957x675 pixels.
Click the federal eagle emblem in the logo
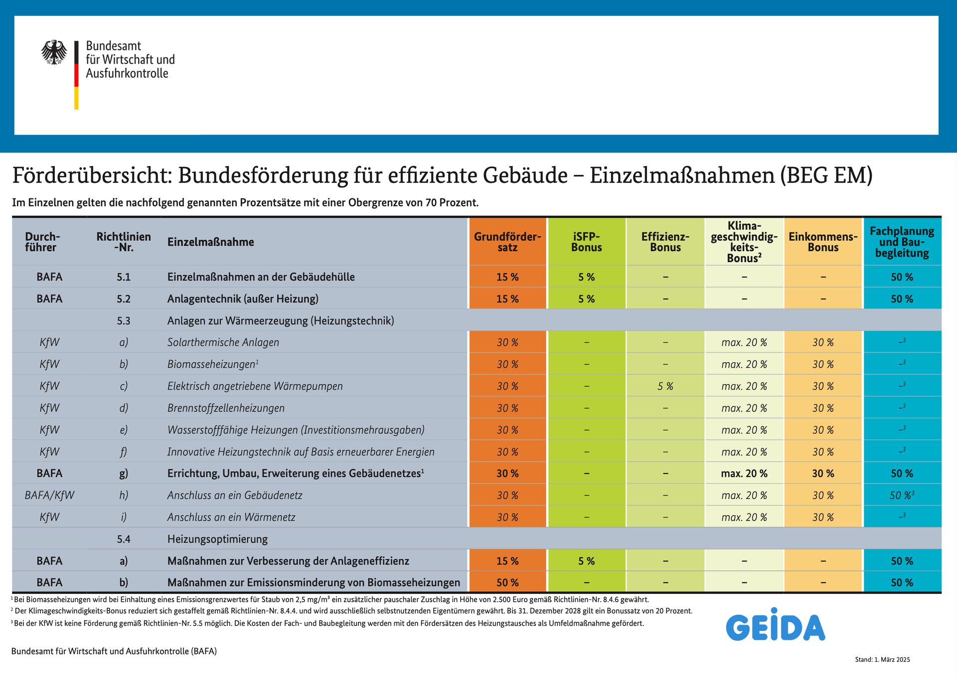(54, 52)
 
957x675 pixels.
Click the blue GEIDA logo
(775, 625)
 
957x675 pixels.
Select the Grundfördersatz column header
(507, 242)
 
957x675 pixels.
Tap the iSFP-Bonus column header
(586, 242)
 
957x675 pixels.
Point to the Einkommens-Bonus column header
(823, 242)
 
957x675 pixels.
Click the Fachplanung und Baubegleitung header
(902, 242)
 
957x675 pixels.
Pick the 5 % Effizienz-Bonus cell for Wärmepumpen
(665, 386)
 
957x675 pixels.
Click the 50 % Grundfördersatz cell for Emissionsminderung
(507, 582)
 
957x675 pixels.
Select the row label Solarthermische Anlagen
(223, 342)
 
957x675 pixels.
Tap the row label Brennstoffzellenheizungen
(226, 408)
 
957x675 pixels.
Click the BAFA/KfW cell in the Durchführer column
(49, 495)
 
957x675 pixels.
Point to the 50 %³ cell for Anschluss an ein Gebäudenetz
(902, 495)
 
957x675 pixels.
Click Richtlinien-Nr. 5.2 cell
(124, 299)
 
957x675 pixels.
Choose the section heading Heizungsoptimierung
(217, 539)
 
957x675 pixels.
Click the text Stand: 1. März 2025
(882, 660)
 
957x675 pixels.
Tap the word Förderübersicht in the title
(92, 175)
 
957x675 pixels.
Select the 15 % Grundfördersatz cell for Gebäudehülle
(507, 277)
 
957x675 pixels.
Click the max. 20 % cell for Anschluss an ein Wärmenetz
(744, 517)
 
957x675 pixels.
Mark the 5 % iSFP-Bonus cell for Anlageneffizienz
(586, 561)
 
